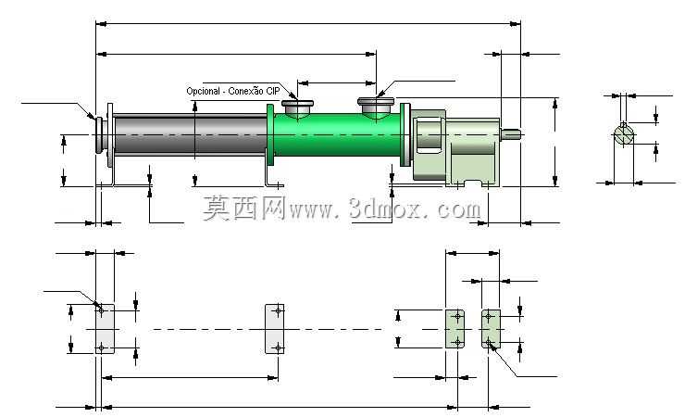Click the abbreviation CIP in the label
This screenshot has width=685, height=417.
272,91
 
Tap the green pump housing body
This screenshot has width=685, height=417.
336,134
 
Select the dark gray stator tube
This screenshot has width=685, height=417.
190,134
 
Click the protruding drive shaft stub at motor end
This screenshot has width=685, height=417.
510,133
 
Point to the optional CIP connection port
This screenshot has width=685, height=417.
297,108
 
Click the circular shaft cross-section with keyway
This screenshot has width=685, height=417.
624,134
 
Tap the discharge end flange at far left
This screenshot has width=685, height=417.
99,135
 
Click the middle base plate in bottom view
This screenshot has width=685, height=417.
274,329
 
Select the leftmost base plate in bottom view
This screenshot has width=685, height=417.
105,329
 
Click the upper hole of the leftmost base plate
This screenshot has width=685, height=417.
101,310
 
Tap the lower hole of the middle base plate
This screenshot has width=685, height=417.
278,347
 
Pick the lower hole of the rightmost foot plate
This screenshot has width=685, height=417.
489,342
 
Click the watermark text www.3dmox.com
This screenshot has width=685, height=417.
385,208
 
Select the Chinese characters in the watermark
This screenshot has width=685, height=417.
244,208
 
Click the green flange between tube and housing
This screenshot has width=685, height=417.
270,134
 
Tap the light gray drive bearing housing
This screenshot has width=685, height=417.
455,146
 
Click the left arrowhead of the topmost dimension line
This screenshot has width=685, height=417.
101,24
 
